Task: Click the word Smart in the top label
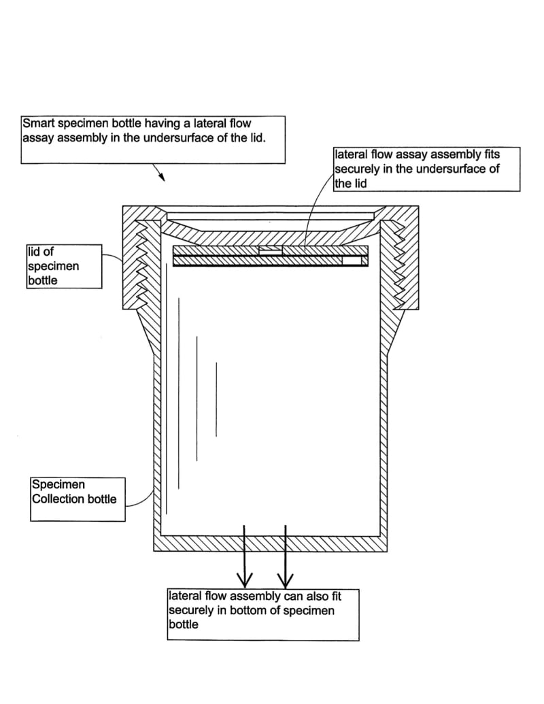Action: point(37,124)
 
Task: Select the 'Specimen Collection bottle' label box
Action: point(78,499)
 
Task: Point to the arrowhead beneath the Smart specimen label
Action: point(162,177)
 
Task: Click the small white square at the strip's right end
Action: point(353,261)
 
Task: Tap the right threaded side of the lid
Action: point(401,262)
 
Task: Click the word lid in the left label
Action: point(33,252)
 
